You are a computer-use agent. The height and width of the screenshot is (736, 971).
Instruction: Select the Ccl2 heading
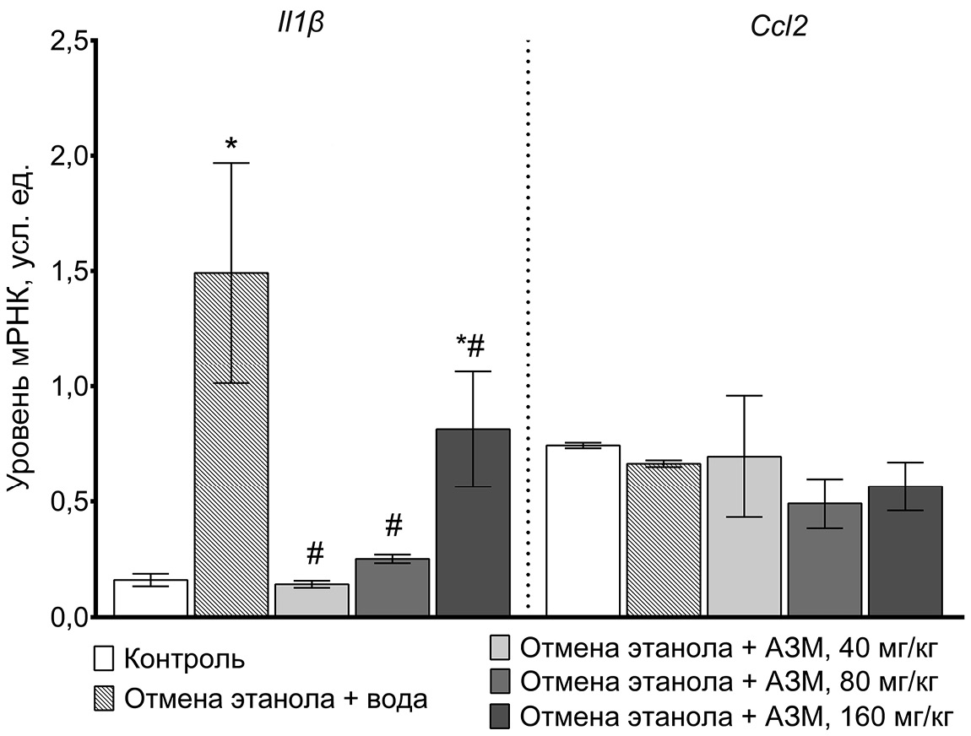pos(778,26)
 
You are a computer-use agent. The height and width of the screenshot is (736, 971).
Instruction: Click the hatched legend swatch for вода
pos(104,698)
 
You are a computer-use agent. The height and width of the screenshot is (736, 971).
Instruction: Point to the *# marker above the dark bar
pos(472,346)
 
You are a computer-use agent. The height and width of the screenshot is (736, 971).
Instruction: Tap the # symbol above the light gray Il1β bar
pos(315,554)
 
